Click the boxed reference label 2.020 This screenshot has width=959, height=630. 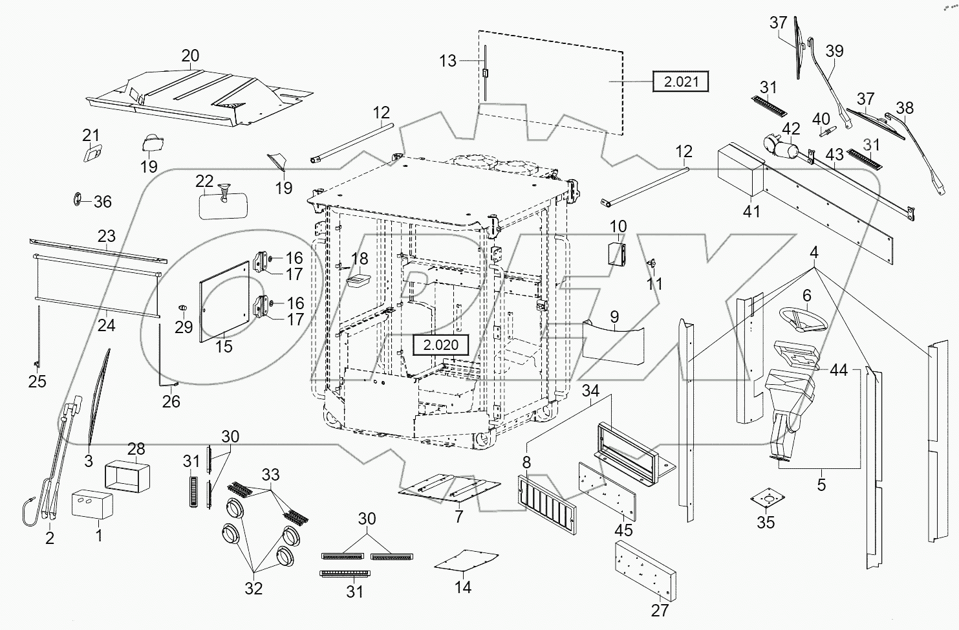pos(441,345)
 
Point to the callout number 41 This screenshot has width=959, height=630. pos(751,211)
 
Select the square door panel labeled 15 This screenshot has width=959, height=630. pos(224,301)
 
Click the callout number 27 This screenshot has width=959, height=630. pos(660,609)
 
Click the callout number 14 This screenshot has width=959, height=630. pos(463,587)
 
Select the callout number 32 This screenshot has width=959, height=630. pos(253,589)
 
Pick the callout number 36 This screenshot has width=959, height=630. pos(102,202)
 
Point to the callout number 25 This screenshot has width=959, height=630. pos(38,382)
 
